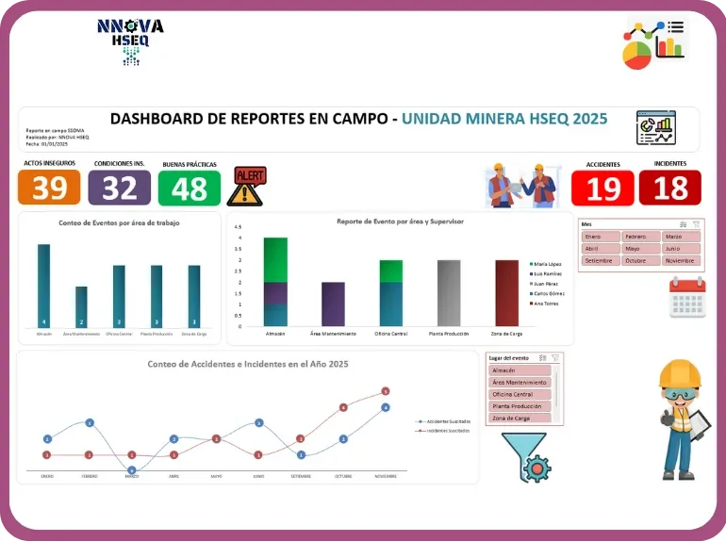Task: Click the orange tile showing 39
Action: coord(49,189)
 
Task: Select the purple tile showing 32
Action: coord(119,189)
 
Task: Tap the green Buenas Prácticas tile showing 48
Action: coord(189,189)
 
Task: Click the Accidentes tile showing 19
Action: coord(602,189)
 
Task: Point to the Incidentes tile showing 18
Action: coord(670,189)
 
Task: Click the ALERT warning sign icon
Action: coord(248,186)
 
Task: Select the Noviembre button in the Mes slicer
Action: coord(680,260)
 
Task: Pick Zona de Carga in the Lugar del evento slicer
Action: coord(520,418)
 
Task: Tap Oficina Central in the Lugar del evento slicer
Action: coord(520,394)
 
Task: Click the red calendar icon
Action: coord(686,297)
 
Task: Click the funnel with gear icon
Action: coord(525,457)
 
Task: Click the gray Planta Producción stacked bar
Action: coord(449,293)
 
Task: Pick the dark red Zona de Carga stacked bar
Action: coord(507,293)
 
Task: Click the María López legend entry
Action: coord(548,264)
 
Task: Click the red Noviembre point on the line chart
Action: coord(385,391)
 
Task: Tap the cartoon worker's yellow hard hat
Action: coord(679,374)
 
